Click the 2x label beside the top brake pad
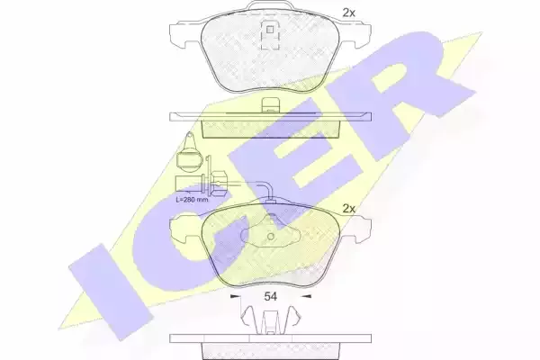click(348, 13)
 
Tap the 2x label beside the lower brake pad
click(348, 209)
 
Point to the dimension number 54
click(270, 296)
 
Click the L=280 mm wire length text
click(193, 200)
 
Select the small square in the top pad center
click(270, 30)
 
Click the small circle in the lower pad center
click(270, 237)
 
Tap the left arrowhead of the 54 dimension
click(235, 296)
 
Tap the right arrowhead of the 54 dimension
click(307, 296)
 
